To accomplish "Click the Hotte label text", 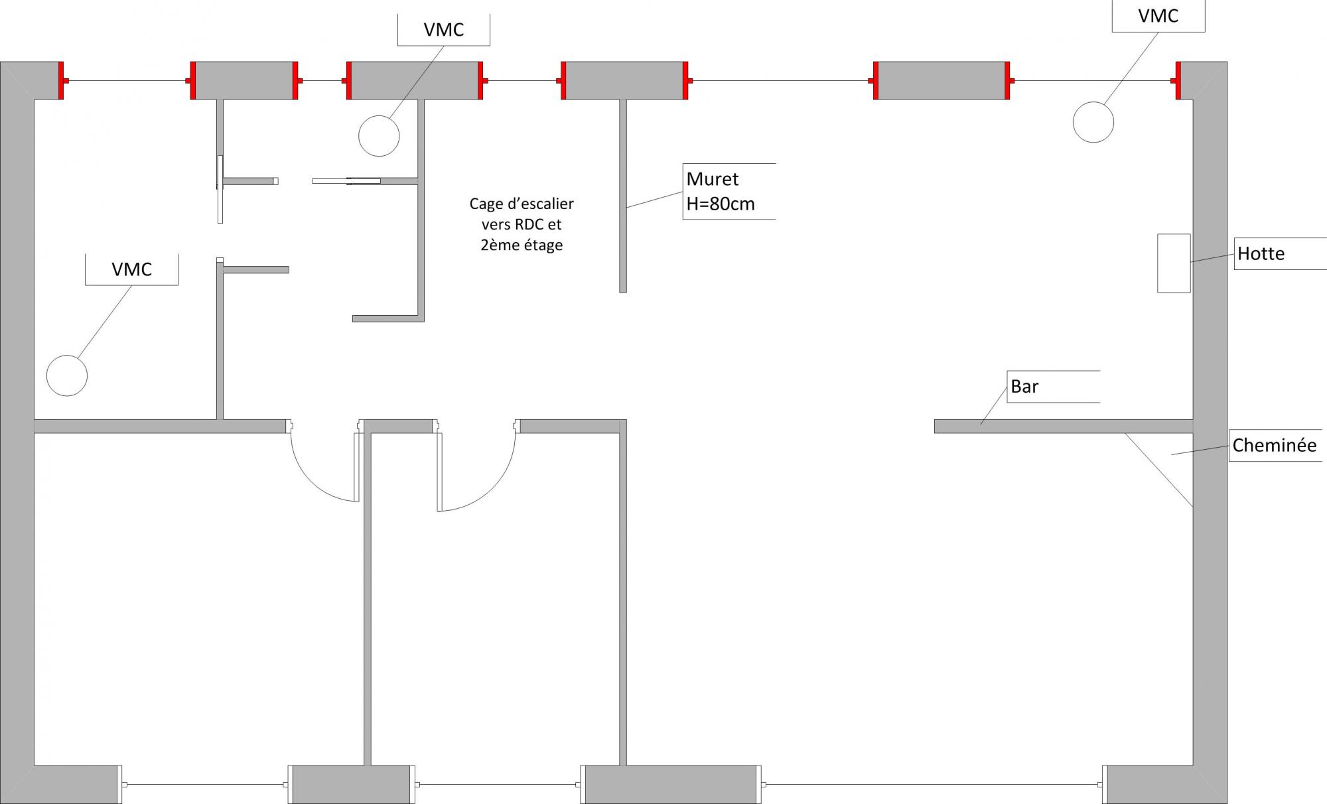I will pos(1261,253).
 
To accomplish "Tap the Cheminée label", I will pos(1274,445).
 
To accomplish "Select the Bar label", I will pos(1024,386).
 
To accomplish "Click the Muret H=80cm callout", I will pos(721,191).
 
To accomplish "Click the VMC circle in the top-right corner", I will pos(1093,122).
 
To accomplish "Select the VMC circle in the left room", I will pos(67,375).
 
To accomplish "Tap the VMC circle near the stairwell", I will pos(379,136).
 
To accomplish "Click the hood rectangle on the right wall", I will pos(1174,263).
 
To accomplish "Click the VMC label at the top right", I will pos(1158,16).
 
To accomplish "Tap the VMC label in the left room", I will pos(131,269).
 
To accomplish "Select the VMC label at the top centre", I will pos(443,30).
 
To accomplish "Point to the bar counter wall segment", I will pos(1062,426).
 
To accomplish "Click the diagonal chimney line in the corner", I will pos(1158,470).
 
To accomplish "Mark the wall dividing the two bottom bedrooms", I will pos(367,597).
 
